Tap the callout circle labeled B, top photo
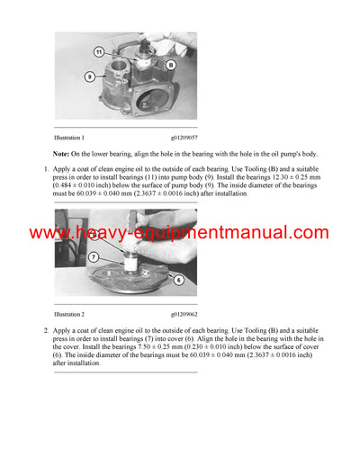[x=168, y=65]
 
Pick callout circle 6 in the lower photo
[x=178, y=279]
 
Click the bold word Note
[x=65, y=154]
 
